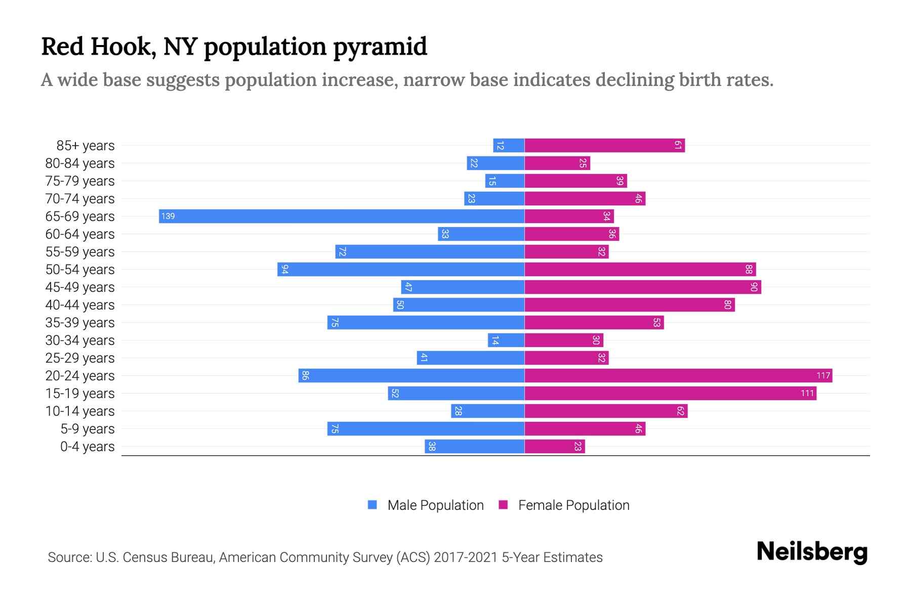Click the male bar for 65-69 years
point(342,216)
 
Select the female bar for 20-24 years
point(678,376)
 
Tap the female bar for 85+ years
point(604,146)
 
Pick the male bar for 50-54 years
point(401,270)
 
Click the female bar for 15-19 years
point(670,394)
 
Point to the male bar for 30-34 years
point(506,340)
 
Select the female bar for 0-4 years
point(555,447)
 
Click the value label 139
point(168,216)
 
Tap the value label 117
point(823,376)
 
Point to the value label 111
point(807,394)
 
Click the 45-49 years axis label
point(80,287)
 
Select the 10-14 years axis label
point(80,411)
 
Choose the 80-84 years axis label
point(80,163)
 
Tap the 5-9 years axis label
point(87,429)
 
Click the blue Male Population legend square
point(372,505)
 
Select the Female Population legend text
point(573,505)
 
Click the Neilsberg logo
point(812,552)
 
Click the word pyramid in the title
point(380,47)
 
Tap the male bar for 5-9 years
point(426,429)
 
